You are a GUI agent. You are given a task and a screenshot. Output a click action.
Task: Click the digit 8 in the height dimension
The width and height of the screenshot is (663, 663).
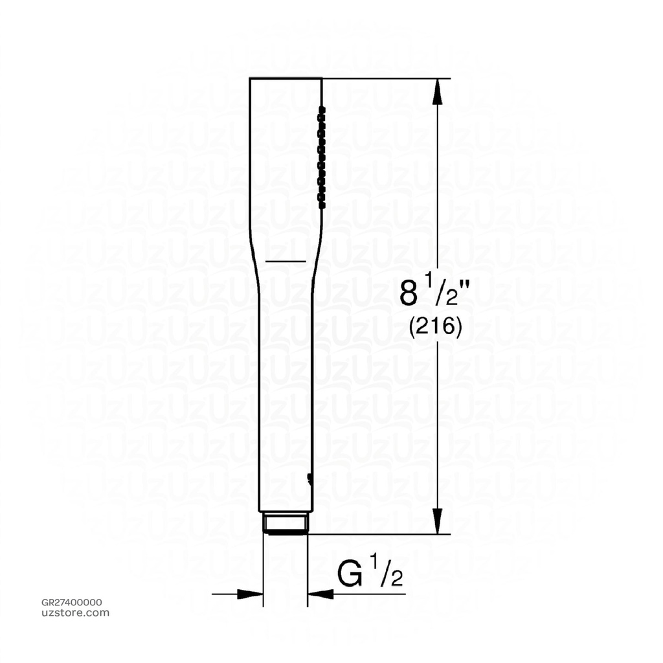[x=409, y=293]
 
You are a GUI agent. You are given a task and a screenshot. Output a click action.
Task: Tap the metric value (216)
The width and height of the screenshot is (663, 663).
[x=435, y=328]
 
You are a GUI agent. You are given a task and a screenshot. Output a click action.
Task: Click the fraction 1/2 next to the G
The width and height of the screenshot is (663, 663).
[x=387, y=572]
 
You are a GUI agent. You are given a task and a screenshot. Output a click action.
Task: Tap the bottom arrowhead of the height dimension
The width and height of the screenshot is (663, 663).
[x=438, y=521]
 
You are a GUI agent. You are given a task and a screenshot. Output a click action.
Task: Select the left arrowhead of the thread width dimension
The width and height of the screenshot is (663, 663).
[x=250, y=594]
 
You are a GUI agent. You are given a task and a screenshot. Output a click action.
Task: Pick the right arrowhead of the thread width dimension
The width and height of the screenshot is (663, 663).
[x=320, y=594]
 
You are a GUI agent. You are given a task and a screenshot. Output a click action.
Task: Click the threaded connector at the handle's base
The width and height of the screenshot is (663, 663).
[x=285, y=523]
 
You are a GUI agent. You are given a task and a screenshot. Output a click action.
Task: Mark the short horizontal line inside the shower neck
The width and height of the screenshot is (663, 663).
[x=285, y=260]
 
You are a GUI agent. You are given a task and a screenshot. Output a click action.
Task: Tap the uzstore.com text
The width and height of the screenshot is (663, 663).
[x=75, y=613]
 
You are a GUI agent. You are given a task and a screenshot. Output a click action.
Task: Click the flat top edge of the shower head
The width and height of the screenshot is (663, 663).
[x=286, y=78]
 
